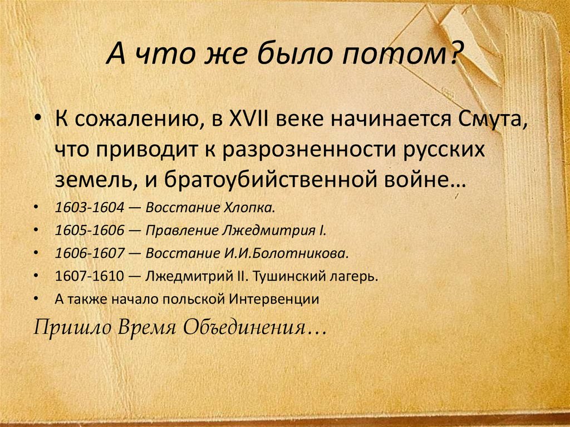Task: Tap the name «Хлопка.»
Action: (248, 208)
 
